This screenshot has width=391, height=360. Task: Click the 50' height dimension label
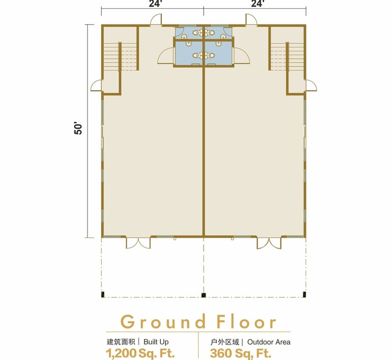78,128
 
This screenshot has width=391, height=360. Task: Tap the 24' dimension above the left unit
156,4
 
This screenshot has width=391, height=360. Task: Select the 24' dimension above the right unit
258,4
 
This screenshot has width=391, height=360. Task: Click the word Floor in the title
246,322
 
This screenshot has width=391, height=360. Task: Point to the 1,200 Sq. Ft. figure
140,353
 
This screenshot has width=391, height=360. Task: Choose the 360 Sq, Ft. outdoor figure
240,353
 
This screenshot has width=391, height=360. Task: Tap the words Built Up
156,342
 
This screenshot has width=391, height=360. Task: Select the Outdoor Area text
269,342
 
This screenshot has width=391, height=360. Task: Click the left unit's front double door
138,242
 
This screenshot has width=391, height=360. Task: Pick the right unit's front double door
269,242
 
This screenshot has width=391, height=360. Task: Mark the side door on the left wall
96,85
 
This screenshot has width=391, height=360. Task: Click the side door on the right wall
311,85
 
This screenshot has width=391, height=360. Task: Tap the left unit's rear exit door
156,19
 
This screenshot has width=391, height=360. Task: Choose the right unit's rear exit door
252,19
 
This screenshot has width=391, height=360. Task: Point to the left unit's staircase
120,57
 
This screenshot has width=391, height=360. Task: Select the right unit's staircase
287,57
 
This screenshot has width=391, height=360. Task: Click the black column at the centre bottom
204,295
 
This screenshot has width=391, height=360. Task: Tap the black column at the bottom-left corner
103,295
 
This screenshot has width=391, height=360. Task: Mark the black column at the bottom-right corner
304,295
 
